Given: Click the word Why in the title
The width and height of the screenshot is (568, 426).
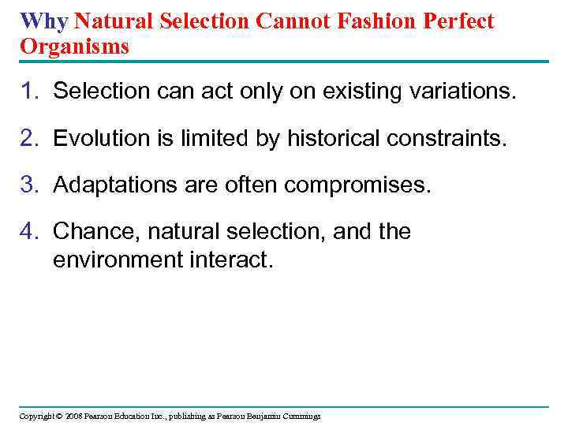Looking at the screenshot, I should coord(43,21).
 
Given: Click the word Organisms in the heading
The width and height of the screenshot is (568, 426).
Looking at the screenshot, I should coord(74,47).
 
